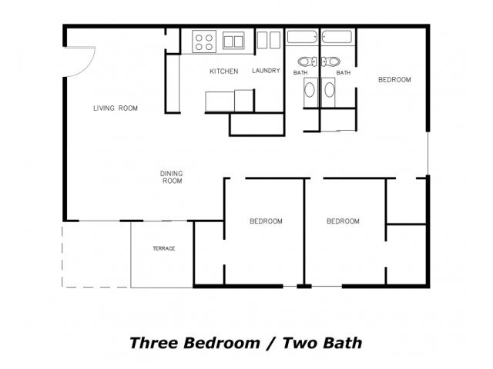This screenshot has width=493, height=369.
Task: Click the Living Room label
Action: pos(116,108)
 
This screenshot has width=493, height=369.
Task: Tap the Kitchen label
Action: pos(224,71)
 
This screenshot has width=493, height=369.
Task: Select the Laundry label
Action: pos(266,71)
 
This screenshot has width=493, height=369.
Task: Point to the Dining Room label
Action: pos(172,177)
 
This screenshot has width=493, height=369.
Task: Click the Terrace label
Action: pos(164,248)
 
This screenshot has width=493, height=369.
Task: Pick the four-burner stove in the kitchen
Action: pos(204,42)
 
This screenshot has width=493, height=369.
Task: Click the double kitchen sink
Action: pos(233,41)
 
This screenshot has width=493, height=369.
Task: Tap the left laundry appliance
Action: pos(262,40)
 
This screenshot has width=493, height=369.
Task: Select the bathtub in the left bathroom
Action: pos(302,37)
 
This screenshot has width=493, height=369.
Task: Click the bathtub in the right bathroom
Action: pos(337,37)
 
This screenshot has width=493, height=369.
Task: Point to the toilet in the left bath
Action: pos(307,61)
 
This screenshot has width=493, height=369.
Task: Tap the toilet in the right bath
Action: pos(330,61)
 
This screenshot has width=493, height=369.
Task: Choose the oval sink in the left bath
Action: pos(310,90)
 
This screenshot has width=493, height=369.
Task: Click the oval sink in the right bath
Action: pos(329,90)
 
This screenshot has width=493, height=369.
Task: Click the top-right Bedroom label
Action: pos(394,80)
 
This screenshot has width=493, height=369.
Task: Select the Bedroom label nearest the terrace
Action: pos(266,221)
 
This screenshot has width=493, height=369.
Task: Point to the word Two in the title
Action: pos(300,343)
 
